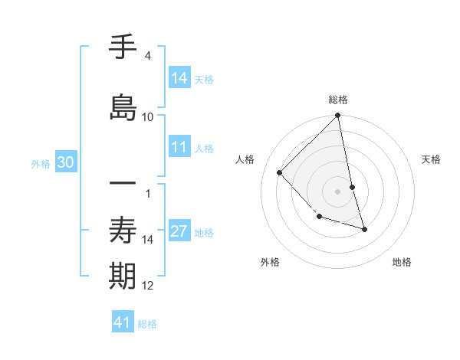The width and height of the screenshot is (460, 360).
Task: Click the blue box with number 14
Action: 179,78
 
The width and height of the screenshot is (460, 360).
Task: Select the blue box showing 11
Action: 179,148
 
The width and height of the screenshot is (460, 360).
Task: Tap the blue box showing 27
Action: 179,232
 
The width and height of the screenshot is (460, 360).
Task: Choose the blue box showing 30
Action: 65,162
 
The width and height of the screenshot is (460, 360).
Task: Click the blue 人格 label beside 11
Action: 205,149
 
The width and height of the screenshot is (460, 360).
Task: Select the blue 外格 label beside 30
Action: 41,163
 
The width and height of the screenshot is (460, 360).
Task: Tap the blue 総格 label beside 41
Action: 147,324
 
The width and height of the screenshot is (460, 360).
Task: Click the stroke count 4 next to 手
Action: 147,56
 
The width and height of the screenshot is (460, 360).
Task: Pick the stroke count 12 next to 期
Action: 148,286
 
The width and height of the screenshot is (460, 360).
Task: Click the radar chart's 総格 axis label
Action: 338,100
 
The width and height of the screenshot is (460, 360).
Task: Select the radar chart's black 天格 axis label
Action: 431,159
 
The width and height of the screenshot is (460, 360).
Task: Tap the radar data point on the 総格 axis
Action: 338,116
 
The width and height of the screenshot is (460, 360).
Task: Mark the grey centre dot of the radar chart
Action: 338,191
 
